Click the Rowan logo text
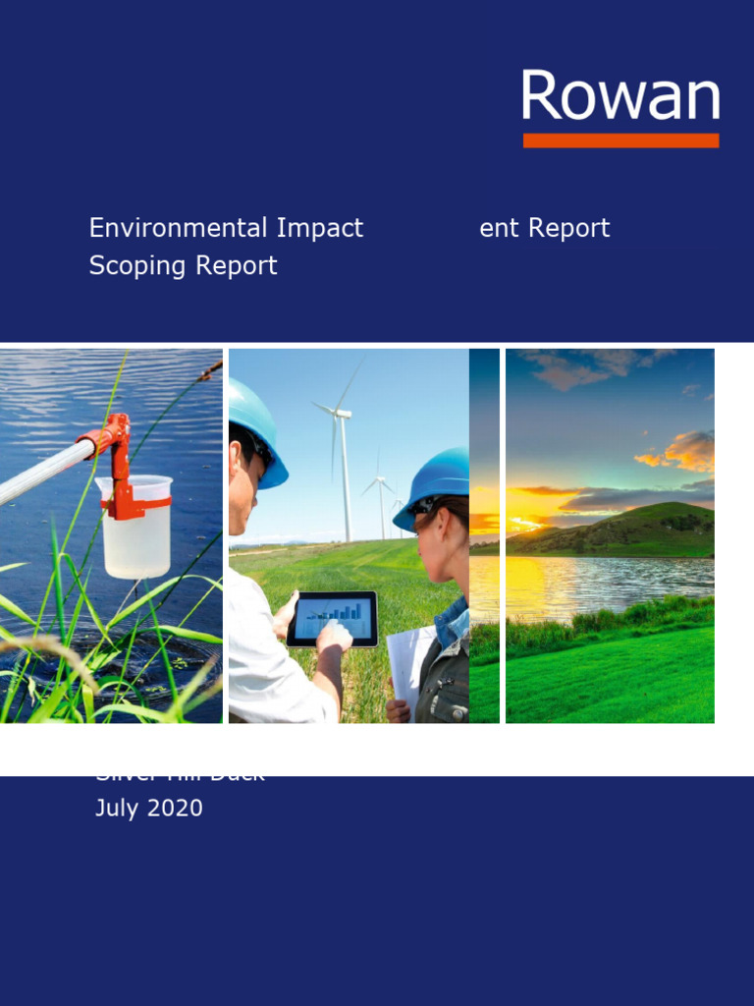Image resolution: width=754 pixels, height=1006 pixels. pos(620,96)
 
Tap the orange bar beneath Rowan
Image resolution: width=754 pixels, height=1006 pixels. pos(620,140)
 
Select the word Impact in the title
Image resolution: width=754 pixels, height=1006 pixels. pos(320,228)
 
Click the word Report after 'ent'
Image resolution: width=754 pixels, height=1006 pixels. pos(568,228)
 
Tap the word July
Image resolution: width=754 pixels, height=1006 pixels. pos(117,809)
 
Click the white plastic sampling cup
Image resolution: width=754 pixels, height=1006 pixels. pos(136,531)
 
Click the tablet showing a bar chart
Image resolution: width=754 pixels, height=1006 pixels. pos(332,618)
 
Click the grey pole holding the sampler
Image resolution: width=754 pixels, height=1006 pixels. pos(39,474)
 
